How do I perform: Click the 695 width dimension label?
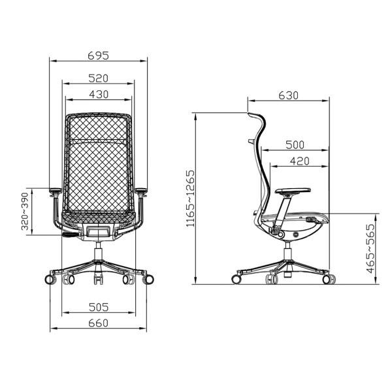(x=99, y=56)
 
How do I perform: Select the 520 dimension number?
(x=99, y=78)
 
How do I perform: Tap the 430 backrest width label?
(x=99, y=94)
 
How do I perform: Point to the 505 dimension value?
(x=99, y=307)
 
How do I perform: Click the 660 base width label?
(x=99, y=323)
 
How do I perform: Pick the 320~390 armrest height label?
(x=25, y=212)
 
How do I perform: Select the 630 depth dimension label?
(x=289, y=95)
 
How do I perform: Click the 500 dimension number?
(x=295, y=145)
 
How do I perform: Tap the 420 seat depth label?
(x=300, y=161)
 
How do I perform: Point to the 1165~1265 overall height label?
(x=190, y=199)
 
